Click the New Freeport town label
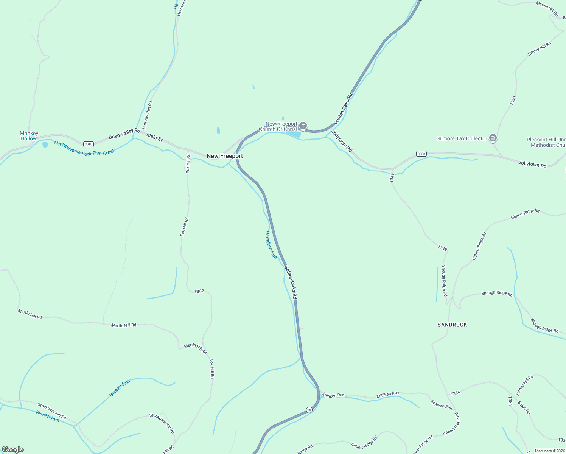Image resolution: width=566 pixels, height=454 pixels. pyautogui.click(x=225, y=156)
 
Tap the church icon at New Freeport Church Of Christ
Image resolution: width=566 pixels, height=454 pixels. pyautogui.click(x=303, y=126)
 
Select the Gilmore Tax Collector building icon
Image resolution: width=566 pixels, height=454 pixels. pyautogui.click(x=493, y=138)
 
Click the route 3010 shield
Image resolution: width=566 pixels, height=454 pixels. pyautogui.click(x=89, y=144)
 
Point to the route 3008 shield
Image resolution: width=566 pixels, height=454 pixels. pyautogui.click(x=421, y=154)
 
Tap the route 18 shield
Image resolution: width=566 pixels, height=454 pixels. pyautogui.click(x=309, y=410)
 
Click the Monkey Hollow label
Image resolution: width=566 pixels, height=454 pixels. pyautogui.click(x=29, y=136)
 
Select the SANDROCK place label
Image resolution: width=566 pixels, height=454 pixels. pyautogui.click(x=452, y=325)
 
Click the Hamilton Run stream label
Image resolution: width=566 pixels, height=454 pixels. pyautogui.click(x=271, y=245)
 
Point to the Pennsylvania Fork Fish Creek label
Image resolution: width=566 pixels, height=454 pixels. pyautogui.click(x=85, y=148)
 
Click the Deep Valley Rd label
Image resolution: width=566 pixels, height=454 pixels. pyautogui.click(x=124, y=134)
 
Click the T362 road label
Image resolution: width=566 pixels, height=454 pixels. pyautogui.click(x=199, y=291)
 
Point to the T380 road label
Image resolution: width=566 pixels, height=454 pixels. pyautogui.click(x=513, y=100)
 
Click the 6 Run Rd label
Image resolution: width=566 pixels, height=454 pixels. pyautogui.click(x=524, y=407)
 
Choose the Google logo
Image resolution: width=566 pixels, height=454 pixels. pyautogui.click(x=13, y=449)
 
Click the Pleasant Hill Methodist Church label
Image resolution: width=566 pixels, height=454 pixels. pyautogui.click(x=546, y=142)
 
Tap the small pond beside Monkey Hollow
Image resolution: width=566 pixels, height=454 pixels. pyautogui.click(x=45, y=145)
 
